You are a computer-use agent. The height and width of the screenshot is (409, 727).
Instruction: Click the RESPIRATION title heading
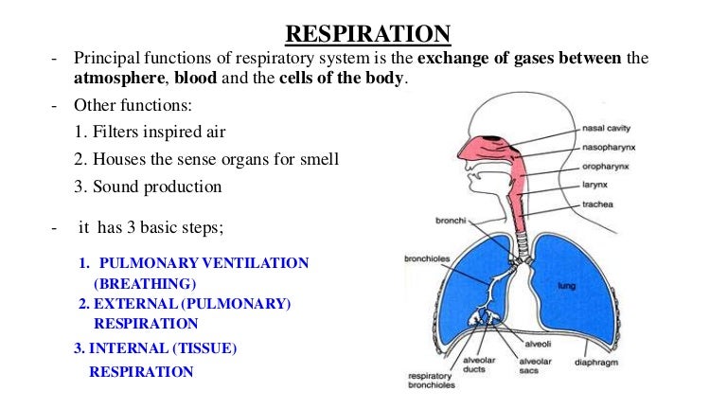[367, 34]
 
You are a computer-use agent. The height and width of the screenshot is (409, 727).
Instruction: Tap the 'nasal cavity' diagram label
[606, 129]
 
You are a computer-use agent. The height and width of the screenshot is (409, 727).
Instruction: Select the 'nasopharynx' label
[609, 148]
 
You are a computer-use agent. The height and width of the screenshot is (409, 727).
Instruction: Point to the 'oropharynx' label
[606, 167]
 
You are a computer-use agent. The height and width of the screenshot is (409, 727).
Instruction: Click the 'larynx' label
[594, 185]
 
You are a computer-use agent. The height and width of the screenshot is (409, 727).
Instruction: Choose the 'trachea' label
[597, 204]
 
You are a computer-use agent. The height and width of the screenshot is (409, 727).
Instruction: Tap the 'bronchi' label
[451, 221]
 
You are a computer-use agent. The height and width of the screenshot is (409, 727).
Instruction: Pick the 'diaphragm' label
[596, 363]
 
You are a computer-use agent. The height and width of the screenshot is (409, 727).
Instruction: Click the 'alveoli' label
[538, 344]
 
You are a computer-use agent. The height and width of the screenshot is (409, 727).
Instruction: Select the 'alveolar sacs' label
[536, 365]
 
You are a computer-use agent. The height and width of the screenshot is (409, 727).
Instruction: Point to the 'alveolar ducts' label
[479, 365]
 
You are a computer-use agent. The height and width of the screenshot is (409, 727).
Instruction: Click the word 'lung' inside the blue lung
[567, 286]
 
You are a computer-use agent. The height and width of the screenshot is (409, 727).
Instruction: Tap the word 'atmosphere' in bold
[118, 78]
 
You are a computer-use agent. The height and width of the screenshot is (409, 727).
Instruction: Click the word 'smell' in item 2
[319, 159]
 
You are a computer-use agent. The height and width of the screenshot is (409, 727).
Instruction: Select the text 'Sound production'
[157, 187]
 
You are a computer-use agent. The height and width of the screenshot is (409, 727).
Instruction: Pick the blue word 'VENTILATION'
[256, 263]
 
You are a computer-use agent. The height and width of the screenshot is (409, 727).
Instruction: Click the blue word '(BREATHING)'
[145, 283]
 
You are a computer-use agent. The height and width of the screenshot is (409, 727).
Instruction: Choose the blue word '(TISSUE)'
[204, 348]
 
